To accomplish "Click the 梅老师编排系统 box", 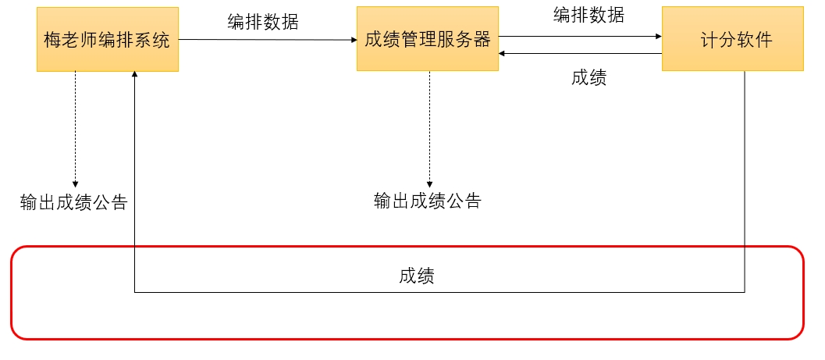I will tap(108, 40).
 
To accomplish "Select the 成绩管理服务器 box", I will tap(428, 40).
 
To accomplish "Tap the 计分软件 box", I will tap(732, 40).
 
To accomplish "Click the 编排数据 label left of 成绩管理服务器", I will tap(263, 22).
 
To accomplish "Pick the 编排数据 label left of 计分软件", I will tap(589, 14).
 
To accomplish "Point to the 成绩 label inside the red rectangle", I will tap(417, 276).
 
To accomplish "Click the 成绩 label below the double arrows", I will tap(589, 77).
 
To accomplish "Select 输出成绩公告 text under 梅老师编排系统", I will tap(74, 202).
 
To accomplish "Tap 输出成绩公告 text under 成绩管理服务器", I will tap(428, 201).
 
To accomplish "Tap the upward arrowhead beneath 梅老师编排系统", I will tap(135, 76).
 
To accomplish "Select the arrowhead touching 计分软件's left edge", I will tap(658, 36).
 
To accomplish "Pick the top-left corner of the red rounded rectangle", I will tap(15, 251).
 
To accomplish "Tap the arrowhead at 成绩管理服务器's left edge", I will tap(353, 40).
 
